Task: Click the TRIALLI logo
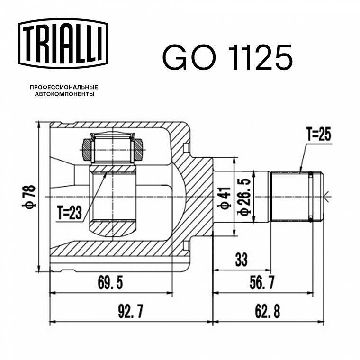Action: [x=63, y=44]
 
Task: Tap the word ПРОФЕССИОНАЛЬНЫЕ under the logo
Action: [x=64, y=87]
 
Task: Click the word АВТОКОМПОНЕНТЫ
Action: [x=64, y=94]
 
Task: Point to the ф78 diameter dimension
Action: [x=29, y=197]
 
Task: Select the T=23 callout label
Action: [x=70, y=212]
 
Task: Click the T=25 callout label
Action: [x=319, y=135]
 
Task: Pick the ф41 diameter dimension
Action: [x=225, y=198]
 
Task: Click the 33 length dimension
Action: [x=241, y=260]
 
